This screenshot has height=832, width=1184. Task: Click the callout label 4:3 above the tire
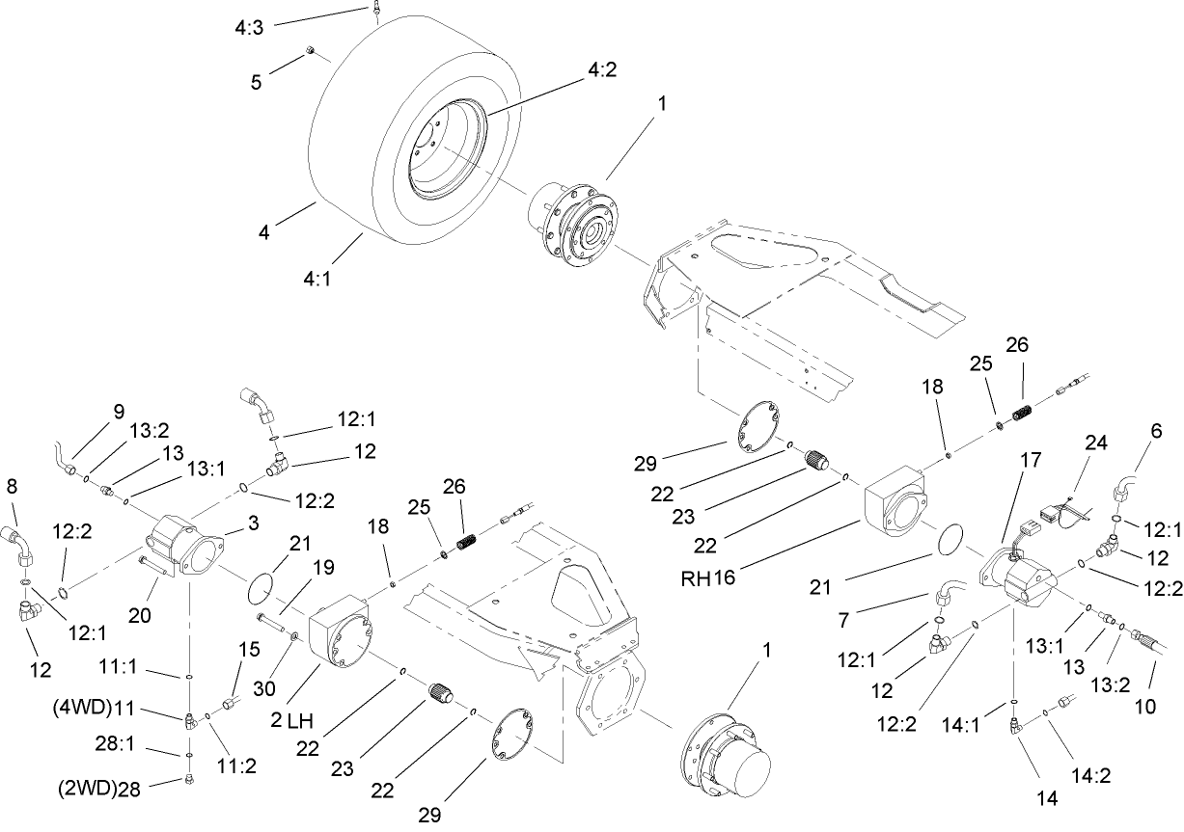pyautogui.click(x=248, y=29)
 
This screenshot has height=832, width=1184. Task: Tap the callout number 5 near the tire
pyautogui.click(x=256, y=83)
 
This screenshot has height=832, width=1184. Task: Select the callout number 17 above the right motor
pyautogui.click(x=1030, y=461)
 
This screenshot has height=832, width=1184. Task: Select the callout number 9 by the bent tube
pyautogui.click(x=118, y=410)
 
